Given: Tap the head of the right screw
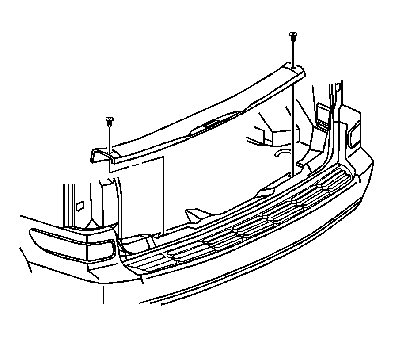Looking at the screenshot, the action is click(292, 34).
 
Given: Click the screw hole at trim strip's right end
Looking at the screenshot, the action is click(294, 67).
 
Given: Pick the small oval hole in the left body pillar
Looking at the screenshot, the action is click(80, 206).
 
